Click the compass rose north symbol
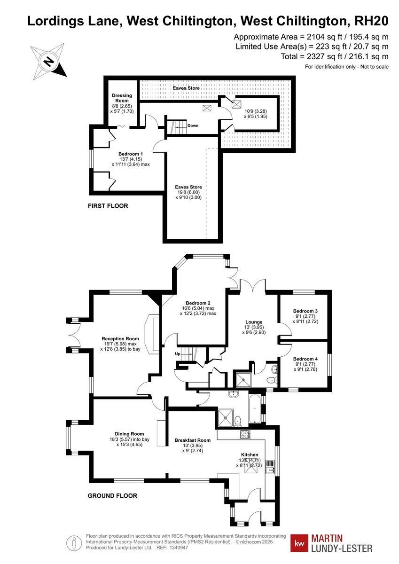pyautogui.click(x=49, y=61)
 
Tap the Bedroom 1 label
pyautogui.click(x=131, y=154)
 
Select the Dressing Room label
pyautogui.click(x=122, y=98)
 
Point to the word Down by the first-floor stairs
pyautogui.click(x=193, y=126)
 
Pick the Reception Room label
pyautogui.click(x=120, y=338)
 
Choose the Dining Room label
pyautogui.click(x=129, y=434)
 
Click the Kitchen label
pyautogui.click(x=250, y=454)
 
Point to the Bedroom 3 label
pyautogui.click(x=305, y=311)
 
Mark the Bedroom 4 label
pyautogui.click(x=305, y=359)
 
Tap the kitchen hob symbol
pyautogui.click(x=245, y=434)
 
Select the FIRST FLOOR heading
pyautogui.click(x=108, y=206)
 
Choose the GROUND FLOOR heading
pyautogui.click(x=113, y=495)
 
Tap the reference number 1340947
pyautogui.click(x=178, y=548)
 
